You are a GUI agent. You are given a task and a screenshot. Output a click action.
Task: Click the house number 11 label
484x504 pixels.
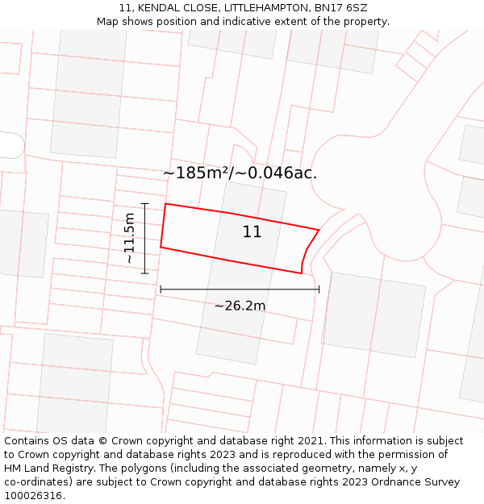click(x=252, y=232)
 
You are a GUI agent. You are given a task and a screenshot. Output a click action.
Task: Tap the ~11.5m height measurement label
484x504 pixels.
click(x=129, y=239)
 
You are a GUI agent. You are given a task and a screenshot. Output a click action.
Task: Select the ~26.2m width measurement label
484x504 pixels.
click(x=240, y=306)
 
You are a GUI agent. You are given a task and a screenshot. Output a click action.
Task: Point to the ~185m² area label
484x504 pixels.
click(x=240, y=173)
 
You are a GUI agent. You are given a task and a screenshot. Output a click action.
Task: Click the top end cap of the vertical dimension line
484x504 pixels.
click(x=144, y=204)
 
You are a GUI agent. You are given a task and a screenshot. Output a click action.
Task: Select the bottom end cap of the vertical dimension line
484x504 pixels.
click(x=144, y=273)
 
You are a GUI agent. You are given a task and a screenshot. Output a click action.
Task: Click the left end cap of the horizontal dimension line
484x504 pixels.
click(x=161, y=289)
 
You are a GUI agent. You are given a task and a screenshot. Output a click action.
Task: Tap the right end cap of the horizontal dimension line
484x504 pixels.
click(x=319, y=289)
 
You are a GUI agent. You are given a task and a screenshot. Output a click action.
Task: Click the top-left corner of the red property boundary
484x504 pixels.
click(x=165, y=204)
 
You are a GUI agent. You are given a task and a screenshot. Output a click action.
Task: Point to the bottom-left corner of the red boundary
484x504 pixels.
click(x=161, y=247)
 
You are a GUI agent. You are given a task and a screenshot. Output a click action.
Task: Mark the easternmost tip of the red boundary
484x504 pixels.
click(x=319, y=230)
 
